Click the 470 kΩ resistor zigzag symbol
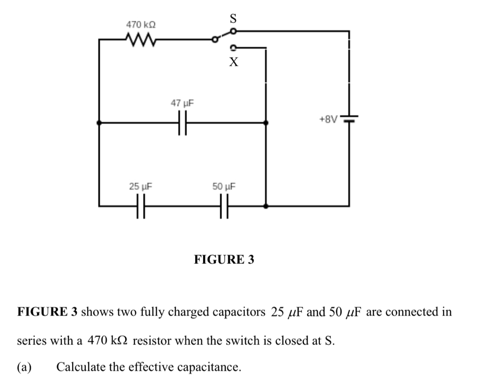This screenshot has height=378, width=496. point(139,39)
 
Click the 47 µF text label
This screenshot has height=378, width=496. point(182,103)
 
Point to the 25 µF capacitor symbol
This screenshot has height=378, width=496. point(140,206)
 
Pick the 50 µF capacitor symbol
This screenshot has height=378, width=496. point(224,206)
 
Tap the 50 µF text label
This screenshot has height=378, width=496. point(224,186)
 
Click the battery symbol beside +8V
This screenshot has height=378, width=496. point(348,119)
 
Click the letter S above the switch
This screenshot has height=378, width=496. point(233,19)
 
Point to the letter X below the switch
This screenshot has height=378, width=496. point(234,63)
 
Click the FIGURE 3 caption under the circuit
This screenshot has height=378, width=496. point(224,259)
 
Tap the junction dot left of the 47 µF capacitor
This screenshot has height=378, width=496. point(99,123)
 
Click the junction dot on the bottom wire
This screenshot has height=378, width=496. point(266,206)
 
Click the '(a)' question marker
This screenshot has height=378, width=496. point(24,367)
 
